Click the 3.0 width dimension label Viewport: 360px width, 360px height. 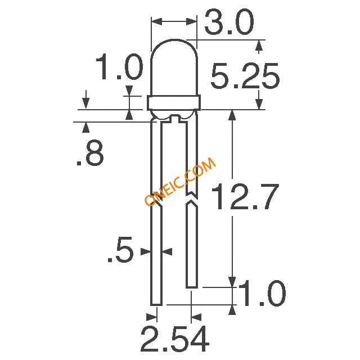pyautogui.click(x=229, y=22)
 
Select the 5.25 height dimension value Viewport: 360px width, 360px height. pyautogui.click(x=245, y=76)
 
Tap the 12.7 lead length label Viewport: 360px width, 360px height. pyautogui.click(x=245, y=197)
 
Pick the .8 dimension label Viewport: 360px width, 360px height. pyautogui.click(x=90, y=152)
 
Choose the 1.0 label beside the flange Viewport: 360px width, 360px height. pyautogui.click(x=119, y=66)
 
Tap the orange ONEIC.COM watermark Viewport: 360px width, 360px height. pyautogui.click(x=180, y=181)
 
